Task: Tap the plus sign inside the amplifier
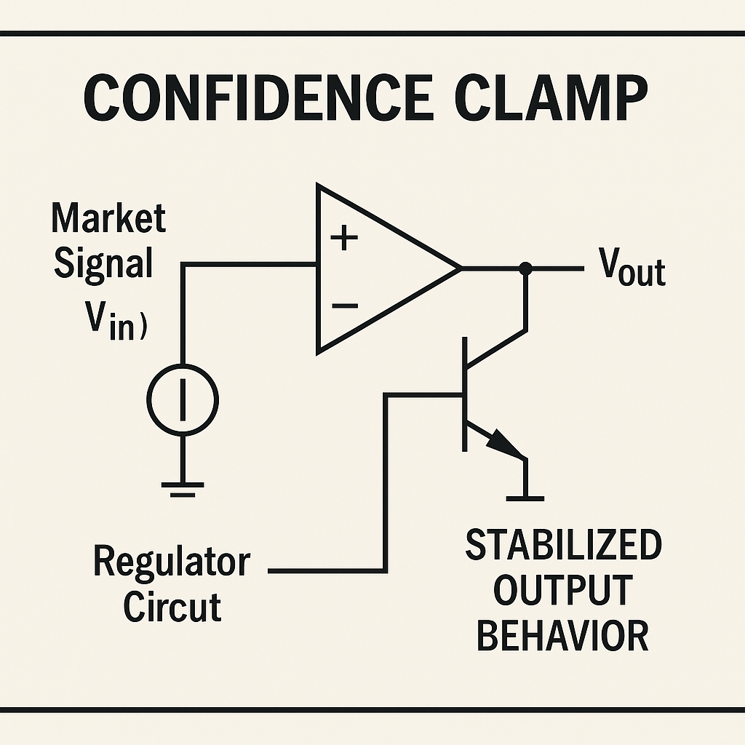(x=344, y=239)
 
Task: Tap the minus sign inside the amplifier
(x=344, y=306)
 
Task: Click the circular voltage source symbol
(x=182, y=399)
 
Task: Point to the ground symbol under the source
(x=182, y=487)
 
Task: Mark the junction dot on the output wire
(x=526, y=269)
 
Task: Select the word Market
(x=108, y=218)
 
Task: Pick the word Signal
(x=103, y=263)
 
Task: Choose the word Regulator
(x=172, y=562)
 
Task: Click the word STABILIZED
(x=563, y=546)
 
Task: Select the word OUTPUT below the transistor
(x=562, y=590)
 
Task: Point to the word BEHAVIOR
(x=562, y=634)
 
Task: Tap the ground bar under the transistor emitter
(x=525, y=498)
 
